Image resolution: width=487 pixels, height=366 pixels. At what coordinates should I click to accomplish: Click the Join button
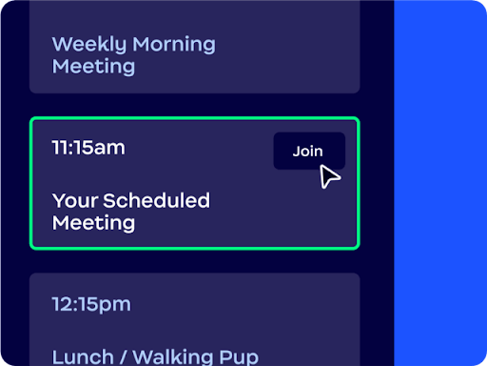tap(309, 151)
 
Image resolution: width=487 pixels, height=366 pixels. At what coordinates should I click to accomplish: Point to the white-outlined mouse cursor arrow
tap(328, 176)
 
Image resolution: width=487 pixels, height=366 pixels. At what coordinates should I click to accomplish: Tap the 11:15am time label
tap(88, 148)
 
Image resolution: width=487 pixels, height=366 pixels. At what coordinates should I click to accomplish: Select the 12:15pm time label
tap(91, 305)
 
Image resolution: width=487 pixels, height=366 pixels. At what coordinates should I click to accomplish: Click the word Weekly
tap(89, 44)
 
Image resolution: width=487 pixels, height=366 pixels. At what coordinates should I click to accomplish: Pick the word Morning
tap(174, 44)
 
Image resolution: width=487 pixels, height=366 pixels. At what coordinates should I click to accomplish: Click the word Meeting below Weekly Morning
tap(93, 67)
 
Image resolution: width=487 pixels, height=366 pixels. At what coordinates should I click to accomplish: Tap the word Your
tap(75, 201)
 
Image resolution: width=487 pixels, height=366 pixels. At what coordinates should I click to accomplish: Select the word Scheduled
tap(156, 200)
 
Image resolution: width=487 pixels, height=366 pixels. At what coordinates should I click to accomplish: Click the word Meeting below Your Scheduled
tap(93, 223)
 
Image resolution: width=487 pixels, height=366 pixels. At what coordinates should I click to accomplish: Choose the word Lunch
tap(83, 357)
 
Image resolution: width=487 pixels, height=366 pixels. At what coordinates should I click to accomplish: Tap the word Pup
tap(239, 357)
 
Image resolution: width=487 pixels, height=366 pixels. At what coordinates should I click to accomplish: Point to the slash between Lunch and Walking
tap(123, 357)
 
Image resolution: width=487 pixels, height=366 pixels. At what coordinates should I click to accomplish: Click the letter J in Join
tap(297, 152)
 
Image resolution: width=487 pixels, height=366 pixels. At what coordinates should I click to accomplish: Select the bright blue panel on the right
tap(440, 183)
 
